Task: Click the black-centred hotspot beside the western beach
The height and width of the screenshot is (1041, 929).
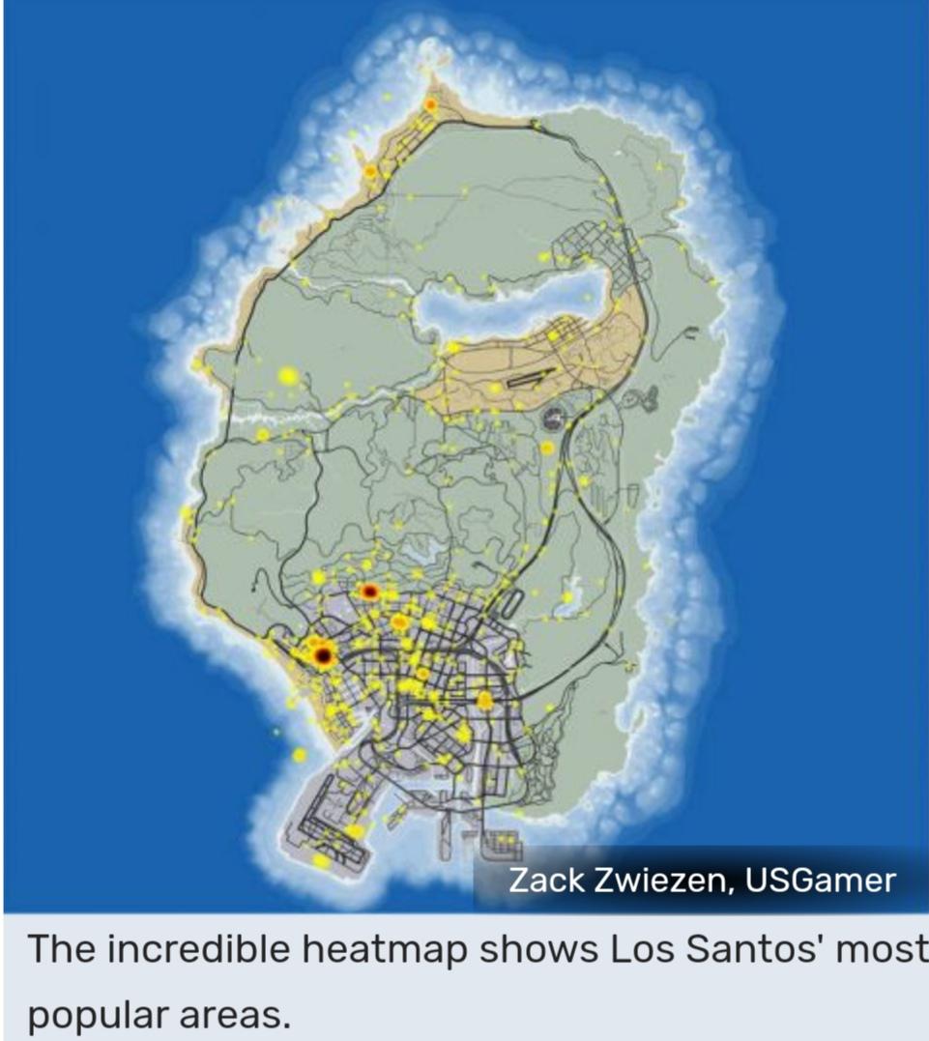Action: click(323, 656)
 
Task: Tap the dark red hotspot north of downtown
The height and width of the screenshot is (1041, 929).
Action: click(368, 592)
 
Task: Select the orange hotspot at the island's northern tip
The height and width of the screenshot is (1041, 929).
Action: click(430, 103)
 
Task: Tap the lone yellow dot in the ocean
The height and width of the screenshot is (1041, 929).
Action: click(276, 732)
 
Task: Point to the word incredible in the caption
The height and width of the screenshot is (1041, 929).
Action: click(199, 949)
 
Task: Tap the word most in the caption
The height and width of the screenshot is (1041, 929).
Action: click(883, 949)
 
